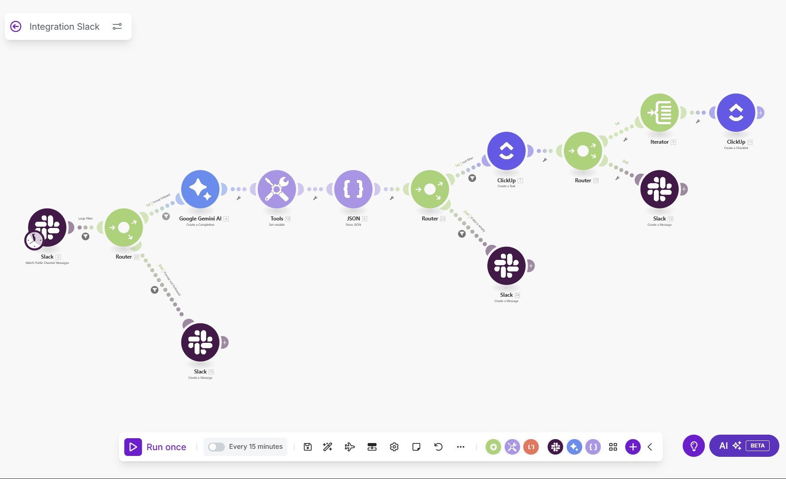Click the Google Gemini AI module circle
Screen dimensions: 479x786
[200, 189]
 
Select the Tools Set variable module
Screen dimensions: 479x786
[277, 189]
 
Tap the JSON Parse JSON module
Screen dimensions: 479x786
[353, 189]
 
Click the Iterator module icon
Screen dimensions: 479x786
[659, 113]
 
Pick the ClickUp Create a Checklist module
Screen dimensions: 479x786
[736, 113]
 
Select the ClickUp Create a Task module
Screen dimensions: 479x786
[506, 151]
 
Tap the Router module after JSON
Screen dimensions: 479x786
[430, 189]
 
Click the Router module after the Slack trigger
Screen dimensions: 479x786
[124, 228]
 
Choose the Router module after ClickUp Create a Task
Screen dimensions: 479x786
[583, 151]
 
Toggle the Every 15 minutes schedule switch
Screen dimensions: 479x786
[216, 447]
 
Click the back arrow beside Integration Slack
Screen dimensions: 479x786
[16, 27]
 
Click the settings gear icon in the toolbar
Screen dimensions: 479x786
[394, 447]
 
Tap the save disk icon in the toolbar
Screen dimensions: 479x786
[308, 447]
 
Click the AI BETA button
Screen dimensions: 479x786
[744, 446]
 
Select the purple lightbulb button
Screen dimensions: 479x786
[694, 446]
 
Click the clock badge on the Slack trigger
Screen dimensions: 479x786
[34, 240]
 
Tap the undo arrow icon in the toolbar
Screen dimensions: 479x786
[438, 447]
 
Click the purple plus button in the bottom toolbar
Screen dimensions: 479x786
[633, 447]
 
